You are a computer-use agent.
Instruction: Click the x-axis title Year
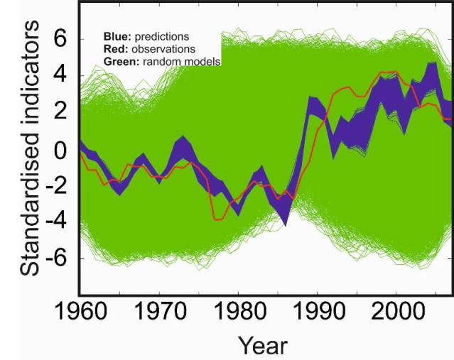(263, 346)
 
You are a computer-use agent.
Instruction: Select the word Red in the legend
(114, 49)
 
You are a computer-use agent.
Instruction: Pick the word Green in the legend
(118, 62)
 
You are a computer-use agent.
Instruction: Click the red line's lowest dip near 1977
(217, 219)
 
